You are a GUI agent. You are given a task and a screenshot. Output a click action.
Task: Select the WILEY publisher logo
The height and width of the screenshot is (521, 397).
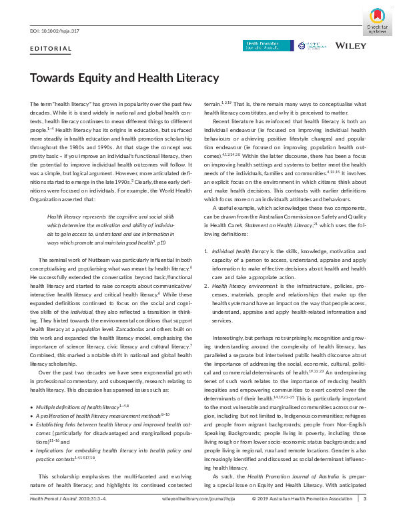pyautogui.click(x=350, y=46)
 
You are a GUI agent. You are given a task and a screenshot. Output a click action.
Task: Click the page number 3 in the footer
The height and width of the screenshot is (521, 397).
pyautogui.click(x=364, y=514)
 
